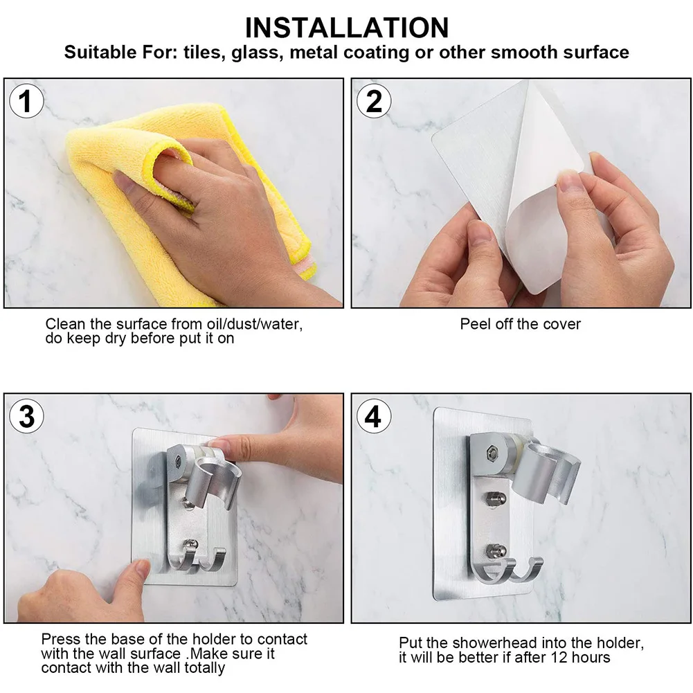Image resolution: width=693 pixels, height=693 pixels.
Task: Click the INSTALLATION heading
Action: [346, 28]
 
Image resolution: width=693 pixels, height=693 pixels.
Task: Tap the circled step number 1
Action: [26, 101]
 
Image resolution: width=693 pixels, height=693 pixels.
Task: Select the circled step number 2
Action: [374, 101]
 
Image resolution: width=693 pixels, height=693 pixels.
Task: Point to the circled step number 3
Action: [26, 416]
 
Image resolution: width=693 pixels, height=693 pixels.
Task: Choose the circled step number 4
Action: [374, 416]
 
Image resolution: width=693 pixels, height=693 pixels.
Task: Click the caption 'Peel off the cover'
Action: [520, 324]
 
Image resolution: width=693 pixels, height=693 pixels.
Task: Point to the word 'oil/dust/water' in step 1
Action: [255, 324]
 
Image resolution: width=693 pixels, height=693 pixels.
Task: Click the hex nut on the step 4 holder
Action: [492, 453]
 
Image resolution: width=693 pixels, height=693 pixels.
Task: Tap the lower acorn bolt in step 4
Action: [496, 550]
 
